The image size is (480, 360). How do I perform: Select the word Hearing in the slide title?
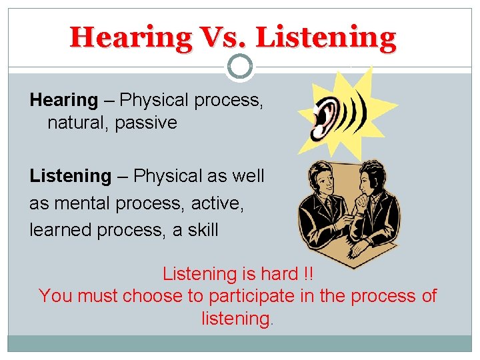pyautogui.click(x=130, y=37)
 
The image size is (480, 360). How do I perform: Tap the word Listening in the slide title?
pyautogui.click(x=326, y=37)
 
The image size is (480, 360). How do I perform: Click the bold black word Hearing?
pyautogui.click(x=63, y=100)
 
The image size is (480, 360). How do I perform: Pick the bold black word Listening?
pyautogui.click(x=70, y=176)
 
